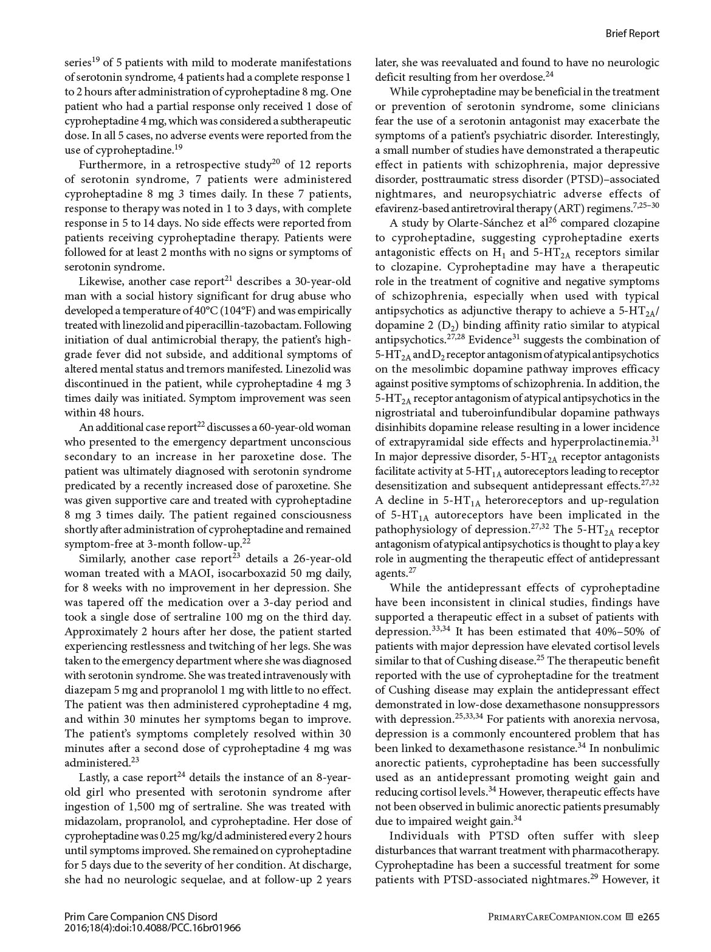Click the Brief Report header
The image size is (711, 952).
pos(632,33)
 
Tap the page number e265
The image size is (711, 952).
pos(648,916)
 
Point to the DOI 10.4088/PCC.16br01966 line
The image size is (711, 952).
pos(153,928)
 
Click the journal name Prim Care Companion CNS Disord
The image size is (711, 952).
pos(140,916)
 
